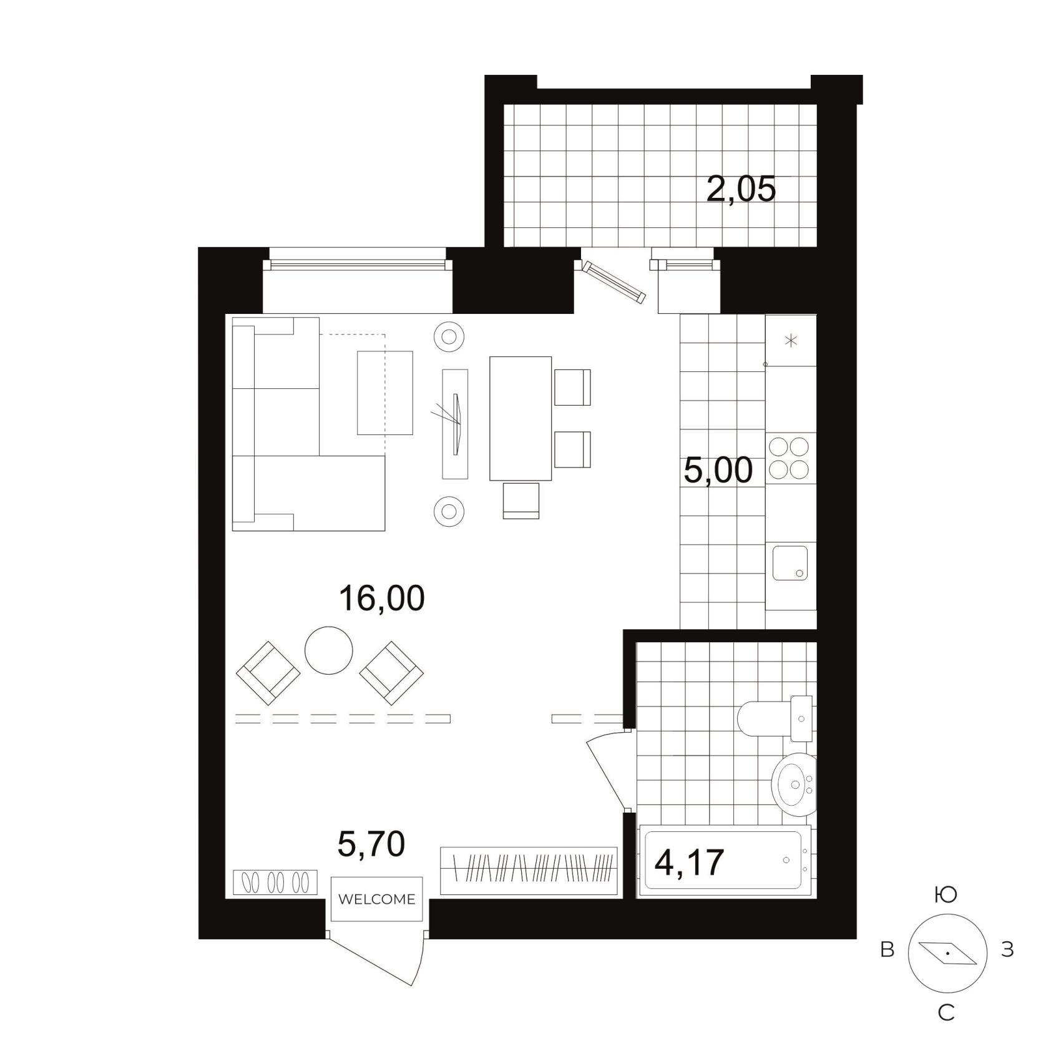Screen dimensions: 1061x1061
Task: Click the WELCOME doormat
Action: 376,899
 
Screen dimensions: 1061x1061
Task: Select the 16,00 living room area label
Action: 381,597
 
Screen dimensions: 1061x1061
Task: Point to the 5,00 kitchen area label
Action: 718,470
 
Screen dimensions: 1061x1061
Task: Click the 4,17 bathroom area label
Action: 689,862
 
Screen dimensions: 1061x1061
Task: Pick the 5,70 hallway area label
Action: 371,844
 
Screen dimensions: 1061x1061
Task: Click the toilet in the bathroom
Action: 775,718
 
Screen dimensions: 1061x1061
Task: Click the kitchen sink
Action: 790,563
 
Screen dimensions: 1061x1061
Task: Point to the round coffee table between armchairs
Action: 329,650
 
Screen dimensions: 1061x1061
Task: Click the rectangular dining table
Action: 521,418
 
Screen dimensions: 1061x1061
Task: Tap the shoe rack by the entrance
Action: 275,882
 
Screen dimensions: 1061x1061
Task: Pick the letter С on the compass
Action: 946,1013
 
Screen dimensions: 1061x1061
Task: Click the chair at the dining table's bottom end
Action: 521,501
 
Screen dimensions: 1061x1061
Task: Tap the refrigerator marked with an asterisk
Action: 791,340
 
